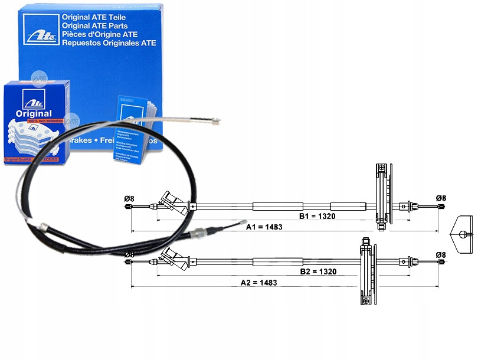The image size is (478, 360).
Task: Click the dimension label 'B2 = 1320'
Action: point(317,271)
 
